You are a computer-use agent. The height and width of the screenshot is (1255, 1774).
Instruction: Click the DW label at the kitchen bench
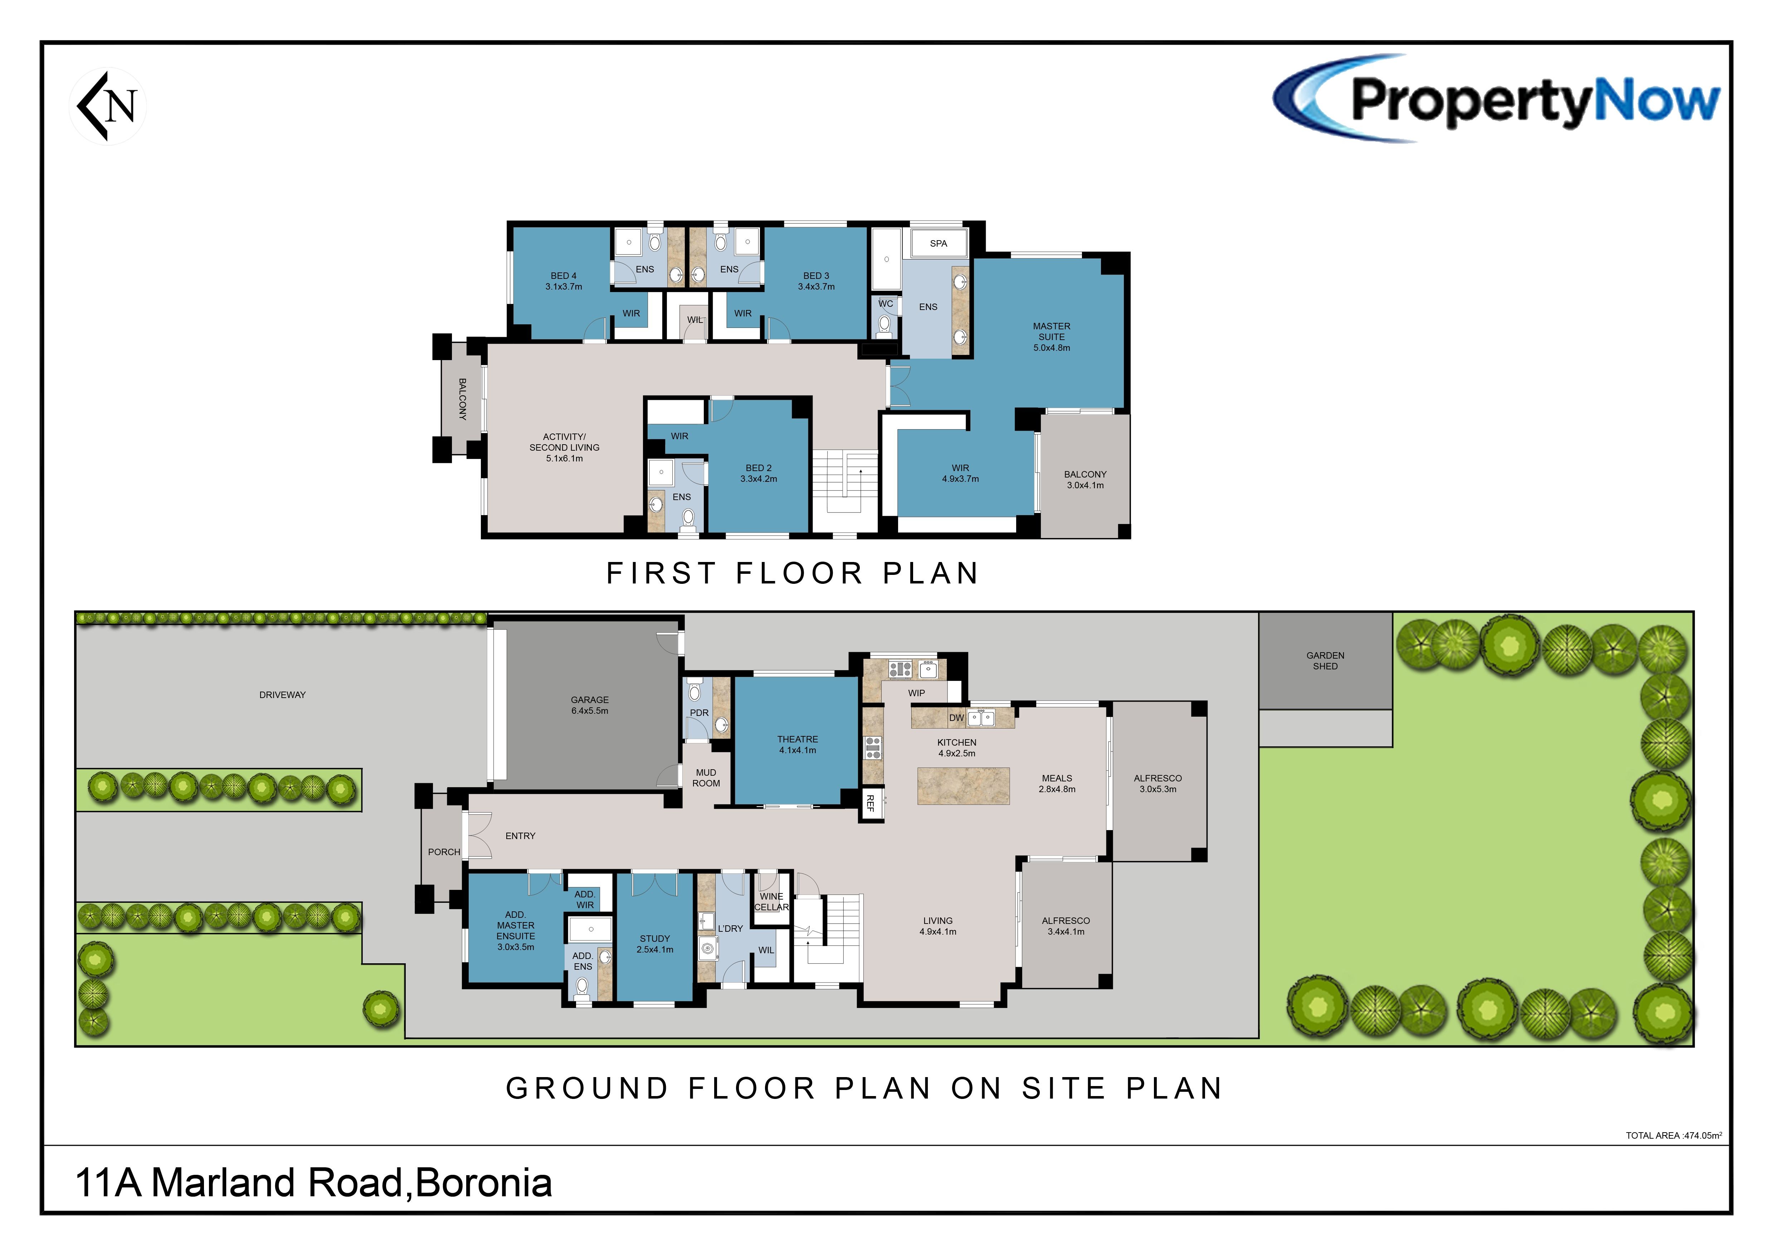pyautogui.click(x=956, y=718)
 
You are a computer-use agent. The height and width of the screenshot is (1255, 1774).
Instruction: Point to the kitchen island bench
pyautogui.click(x=964, y=786)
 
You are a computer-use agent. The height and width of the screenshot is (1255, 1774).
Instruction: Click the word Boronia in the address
pyautogui.click(x=484, y=1183)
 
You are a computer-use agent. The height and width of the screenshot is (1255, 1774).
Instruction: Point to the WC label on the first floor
pyautogui.click(x=886, y=304)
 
